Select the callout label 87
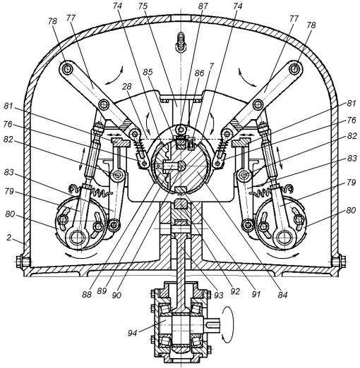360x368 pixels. (x=203, y=6)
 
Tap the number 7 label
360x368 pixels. (x=211, y=66)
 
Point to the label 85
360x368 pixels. (x=148, y=72)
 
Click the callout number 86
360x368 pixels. (x=199, y=73)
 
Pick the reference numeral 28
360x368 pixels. (x=127, y=87)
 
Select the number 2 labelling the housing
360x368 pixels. (x=8, y=238)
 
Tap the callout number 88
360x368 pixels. (x=86, y=295)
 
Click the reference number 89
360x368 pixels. (x=102, y=291)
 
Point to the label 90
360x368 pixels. (x=116, y=295)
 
